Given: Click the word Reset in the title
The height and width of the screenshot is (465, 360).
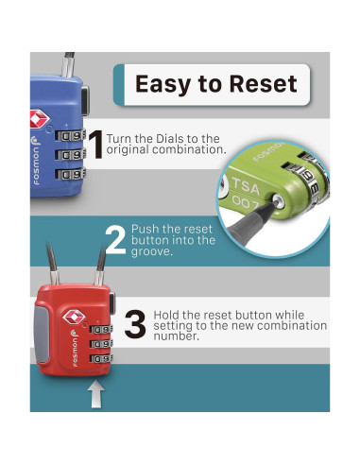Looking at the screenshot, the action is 263,83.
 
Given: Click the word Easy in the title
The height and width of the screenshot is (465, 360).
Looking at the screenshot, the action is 163,84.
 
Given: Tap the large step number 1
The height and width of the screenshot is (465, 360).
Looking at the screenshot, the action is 96,145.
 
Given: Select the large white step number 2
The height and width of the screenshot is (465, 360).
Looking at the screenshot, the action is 115,240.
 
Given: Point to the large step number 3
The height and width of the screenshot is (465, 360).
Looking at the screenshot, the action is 135,324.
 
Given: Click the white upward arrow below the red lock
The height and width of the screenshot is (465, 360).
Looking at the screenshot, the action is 96,394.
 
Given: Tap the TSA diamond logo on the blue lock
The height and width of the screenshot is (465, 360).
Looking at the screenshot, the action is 39,119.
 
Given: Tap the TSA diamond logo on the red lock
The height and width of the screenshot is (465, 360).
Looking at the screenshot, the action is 74,317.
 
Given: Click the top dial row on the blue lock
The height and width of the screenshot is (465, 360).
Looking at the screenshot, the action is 71,135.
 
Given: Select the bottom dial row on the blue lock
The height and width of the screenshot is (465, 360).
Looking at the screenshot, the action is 71,174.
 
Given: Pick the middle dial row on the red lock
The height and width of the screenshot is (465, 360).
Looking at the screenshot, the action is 101,344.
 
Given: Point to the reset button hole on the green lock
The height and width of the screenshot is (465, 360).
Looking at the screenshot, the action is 278,200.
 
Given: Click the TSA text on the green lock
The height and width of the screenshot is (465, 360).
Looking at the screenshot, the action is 246,186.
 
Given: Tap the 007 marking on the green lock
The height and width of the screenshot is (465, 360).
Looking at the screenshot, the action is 245,202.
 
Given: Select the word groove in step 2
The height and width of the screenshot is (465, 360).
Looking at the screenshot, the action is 152,252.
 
